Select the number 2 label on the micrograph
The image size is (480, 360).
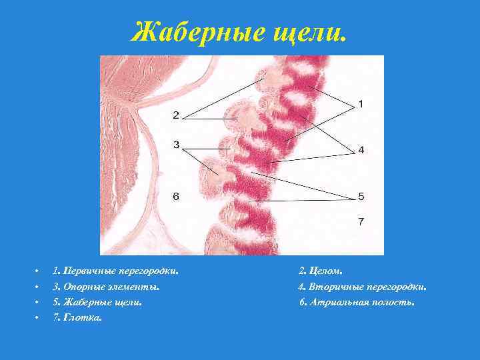coord(175,115)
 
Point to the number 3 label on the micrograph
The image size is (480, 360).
coord(175,144)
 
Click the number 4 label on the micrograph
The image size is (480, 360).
coord(361,150)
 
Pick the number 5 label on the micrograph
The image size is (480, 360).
coord(361,196)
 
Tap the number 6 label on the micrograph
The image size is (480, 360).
coord(175,196)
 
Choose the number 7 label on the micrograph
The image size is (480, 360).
coord(361,221)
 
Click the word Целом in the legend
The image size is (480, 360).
coord(326,271)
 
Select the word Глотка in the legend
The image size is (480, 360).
coord(83,318)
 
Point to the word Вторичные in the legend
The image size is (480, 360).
coord(336,287)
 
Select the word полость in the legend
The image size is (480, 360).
coord(394,302)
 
